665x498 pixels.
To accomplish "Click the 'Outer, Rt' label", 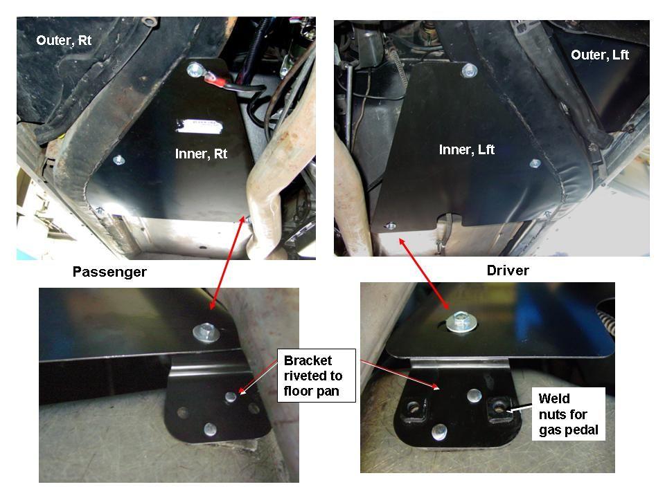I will (x=64, y=40).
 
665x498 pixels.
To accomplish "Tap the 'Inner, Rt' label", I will (x=201, y=154).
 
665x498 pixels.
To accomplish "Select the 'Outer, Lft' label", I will (x=600, y=55).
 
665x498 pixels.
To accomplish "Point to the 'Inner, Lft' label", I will (x=467, y=149).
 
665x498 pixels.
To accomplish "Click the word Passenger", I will (x=109, y=272).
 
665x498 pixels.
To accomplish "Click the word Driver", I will (x=508, y=270).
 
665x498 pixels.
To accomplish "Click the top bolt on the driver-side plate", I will (x=470, y=69).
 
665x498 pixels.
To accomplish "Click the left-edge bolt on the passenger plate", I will (x=118, y=160).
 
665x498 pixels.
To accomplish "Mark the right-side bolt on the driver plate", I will (x=534, y=164).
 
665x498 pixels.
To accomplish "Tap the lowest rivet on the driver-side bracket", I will (x=438, y=432).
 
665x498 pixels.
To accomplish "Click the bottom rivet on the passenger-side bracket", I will (x=210, y=429).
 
